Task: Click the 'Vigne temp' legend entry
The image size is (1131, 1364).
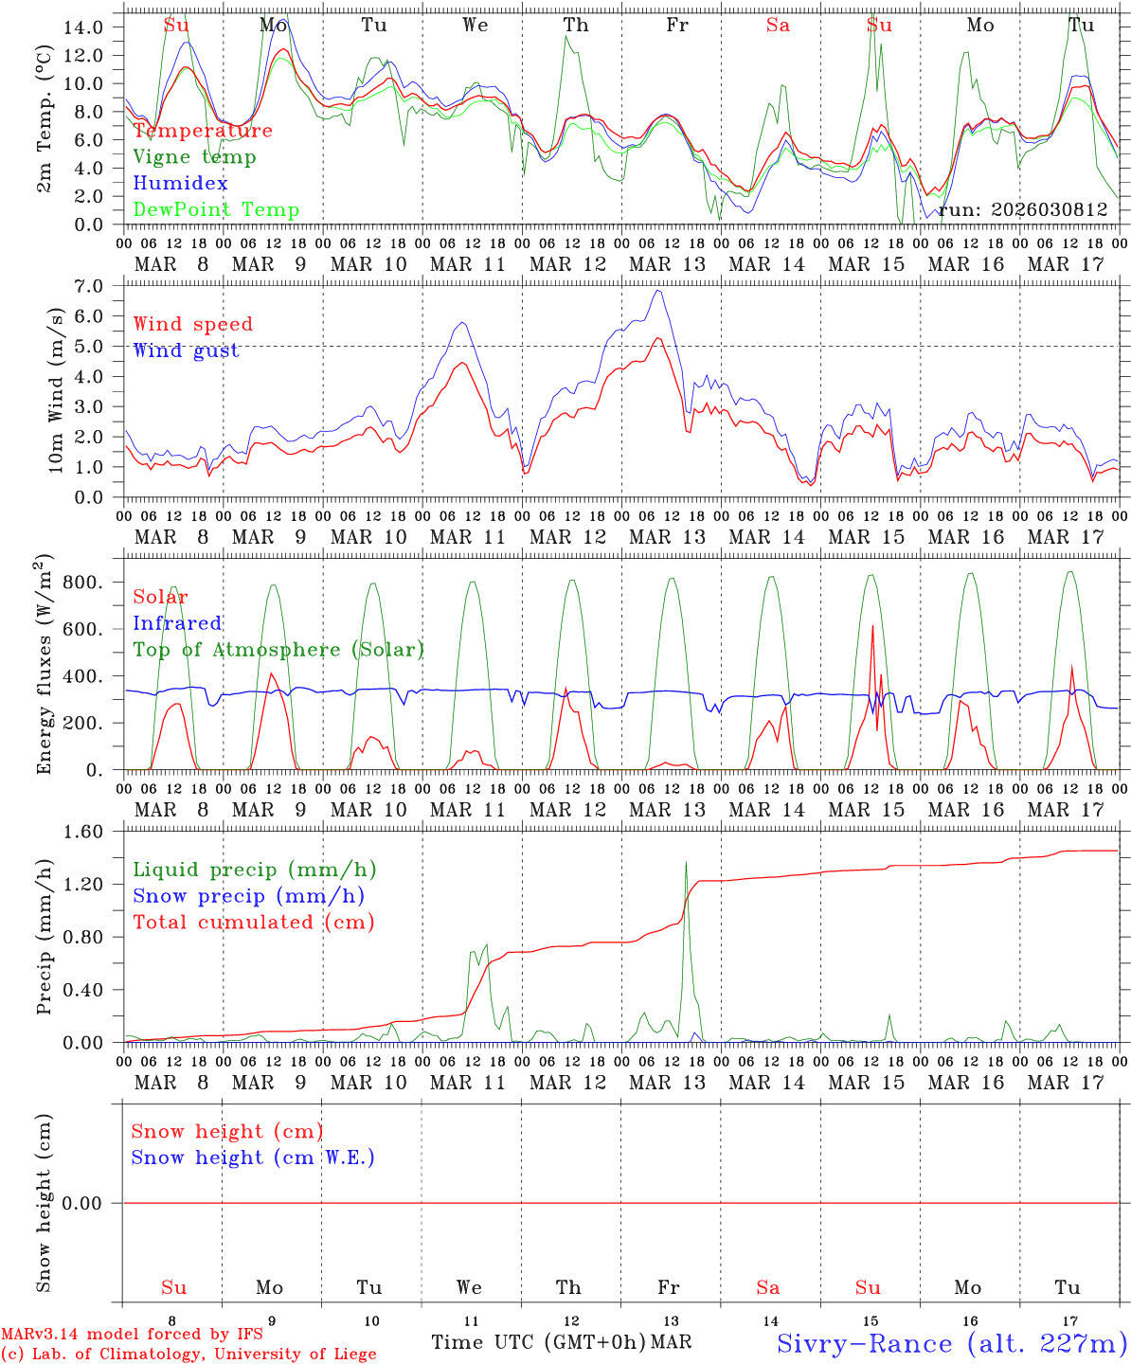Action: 194,157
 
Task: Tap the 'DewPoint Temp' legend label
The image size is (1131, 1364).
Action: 216,210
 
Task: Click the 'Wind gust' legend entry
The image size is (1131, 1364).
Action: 186,350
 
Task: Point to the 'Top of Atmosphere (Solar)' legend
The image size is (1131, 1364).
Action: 278,650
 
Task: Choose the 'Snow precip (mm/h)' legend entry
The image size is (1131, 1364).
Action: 248,896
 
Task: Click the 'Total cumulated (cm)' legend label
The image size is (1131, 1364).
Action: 253,923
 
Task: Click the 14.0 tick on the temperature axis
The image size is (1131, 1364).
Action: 82,27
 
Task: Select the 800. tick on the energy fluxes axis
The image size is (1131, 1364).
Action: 82,583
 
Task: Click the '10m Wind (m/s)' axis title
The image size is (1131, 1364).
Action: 56,390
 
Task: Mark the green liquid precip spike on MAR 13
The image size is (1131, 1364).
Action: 686,862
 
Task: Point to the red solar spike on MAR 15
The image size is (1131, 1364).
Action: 871,626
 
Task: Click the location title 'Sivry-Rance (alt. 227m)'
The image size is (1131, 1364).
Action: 951,1343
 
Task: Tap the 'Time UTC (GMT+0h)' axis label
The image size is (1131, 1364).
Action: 538,1342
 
